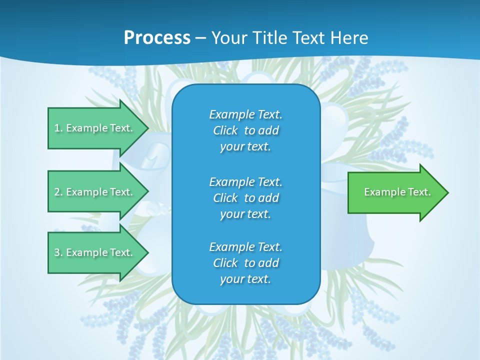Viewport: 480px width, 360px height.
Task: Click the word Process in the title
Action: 157,38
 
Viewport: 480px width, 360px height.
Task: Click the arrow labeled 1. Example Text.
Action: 95,128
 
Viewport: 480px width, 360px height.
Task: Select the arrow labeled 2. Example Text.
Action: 95,192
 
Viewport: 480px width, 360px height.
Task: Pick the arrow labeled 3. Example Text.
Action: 95,252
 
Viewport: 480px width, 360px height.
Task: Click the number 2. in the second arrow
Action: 58,192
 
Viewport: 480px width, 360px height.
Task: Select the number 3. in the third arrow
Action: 58,252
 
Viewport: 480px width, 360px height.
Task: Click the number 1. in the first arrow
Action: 58,128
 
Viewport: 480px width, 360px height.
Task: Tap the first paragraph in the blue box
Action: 245,130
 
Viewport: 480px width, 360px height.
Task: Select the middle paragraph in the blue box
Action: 245,198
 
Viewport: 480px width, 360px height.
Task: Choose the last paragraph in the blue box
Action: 245,263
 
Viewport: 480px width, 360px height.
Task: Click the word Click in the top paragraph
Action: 225,131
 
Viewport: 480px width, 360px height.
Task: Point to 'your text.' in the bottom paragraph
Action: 245,279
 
